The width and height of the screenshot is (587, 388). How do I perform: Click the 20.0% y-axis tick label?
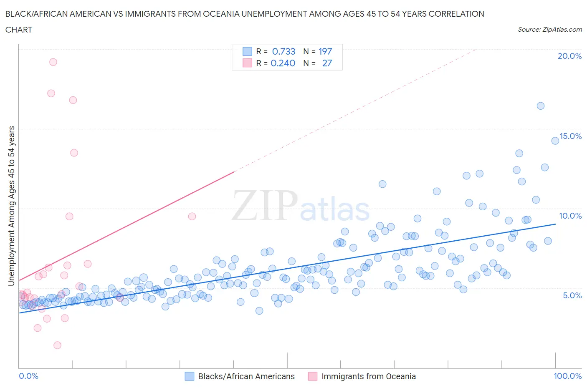coord(569,56)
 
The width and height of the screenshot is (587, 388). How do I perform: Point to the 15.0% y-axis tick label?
coord(570,136)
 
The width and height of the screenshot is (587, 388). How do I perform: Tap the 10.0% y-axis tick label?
coord(570,216)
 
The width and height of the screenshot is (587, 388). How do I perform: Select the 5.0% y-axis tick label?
coord(572,295)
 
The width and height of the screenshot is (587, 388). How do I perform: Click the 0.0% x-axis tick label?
coord(28,376)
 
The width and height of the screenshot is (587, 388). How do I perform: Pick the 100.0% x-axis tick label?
coord(567,376)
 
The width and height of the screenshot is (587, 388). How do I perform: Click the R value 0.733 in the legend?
coord(283,51)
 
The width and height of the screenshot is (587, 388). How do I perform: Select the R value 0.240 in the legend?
coord(283,63)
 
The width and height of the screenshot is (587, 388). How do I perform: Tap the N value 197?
coord(325,51)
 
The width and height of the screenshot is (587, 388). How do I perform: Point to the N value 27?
coord(327,63)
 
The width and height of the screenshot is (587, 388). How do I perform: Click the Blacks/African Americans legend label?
coord(246,376)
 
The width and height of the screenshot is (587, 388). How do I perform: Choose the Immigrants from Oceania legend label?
coord(368,376)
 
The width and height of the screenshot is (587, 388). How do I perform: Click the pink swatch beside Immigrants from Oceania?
coord(312,376)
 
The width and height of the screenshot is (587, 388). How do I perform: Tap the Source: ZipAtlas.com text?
coord(549,29)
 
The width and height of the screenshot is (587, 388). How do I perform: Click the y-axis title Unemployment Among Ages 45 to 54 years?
coord(11,206)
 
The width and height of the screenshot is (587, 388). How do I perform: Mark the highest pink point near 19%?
coord(53,62)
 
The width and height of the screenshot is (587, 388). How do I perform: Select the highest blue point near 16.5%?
coord(540,106)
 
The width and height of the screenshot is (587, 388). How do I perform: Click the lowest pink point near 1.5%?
coord(57,345)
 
